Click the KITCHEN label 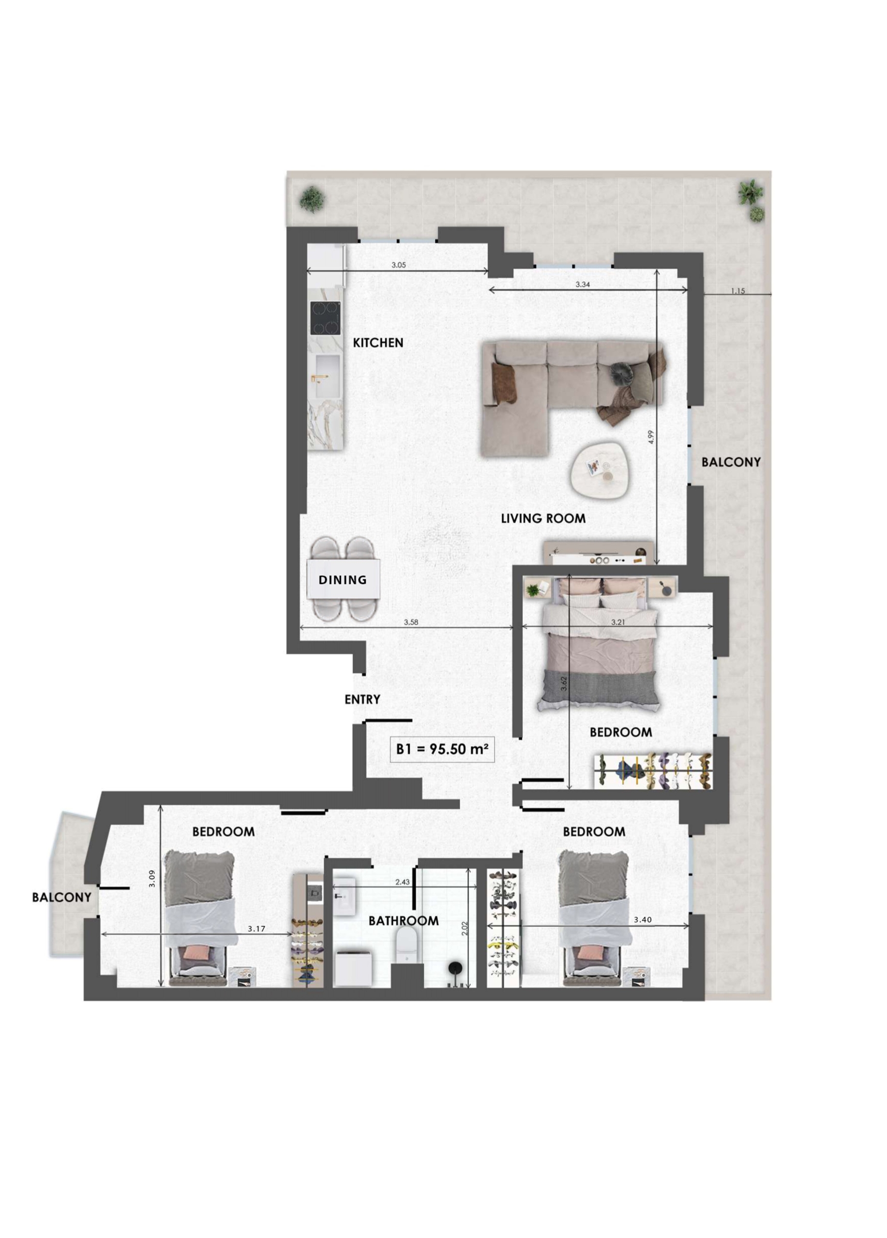coord(378,343)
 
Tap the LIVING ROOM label coord(543,518)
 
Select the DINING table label coord(343,580)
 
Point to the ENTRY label coord(362,699)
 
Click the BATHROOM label coord(404,921)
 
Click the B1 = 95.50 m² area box coord(442,749)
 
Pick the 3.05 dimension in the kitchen coord(399,265)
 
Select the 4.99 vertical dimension coord(650,437)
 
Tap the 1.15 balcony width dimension coord(738,291)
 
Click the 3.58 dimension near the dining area coord(411,622)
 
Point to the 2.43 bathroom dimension coord(403,882)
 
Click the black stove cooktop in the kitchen coord(326,318)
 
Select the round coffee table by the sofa coord(600,470)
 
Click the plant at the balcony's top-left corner coord(311,199)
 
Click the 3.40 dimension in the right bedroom coord(642,920)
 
